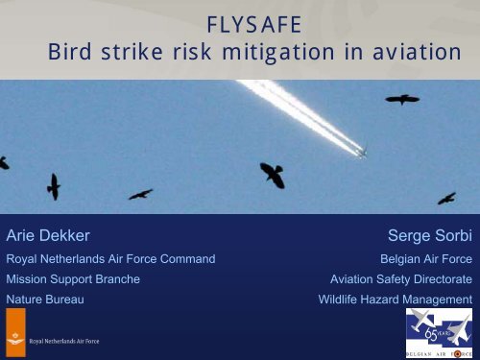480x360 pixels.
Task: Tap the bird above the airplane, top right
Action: [x=402, y=98]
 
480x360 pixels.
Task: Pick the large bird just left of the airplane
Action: [x=272, y=174]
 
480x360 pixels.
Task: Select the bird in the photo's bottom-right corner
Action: [x=445, y=198]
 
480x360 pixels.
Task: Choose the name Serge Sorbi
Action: [x=429, y=235]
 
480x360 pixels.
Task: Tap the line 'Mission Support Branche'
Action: [x=73, y=279]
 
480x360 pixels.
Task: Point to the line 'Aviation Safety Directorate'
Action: [x=400, y=279]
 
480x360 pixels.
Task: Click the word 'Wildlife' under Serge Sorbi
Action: [x=343, y=300]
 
